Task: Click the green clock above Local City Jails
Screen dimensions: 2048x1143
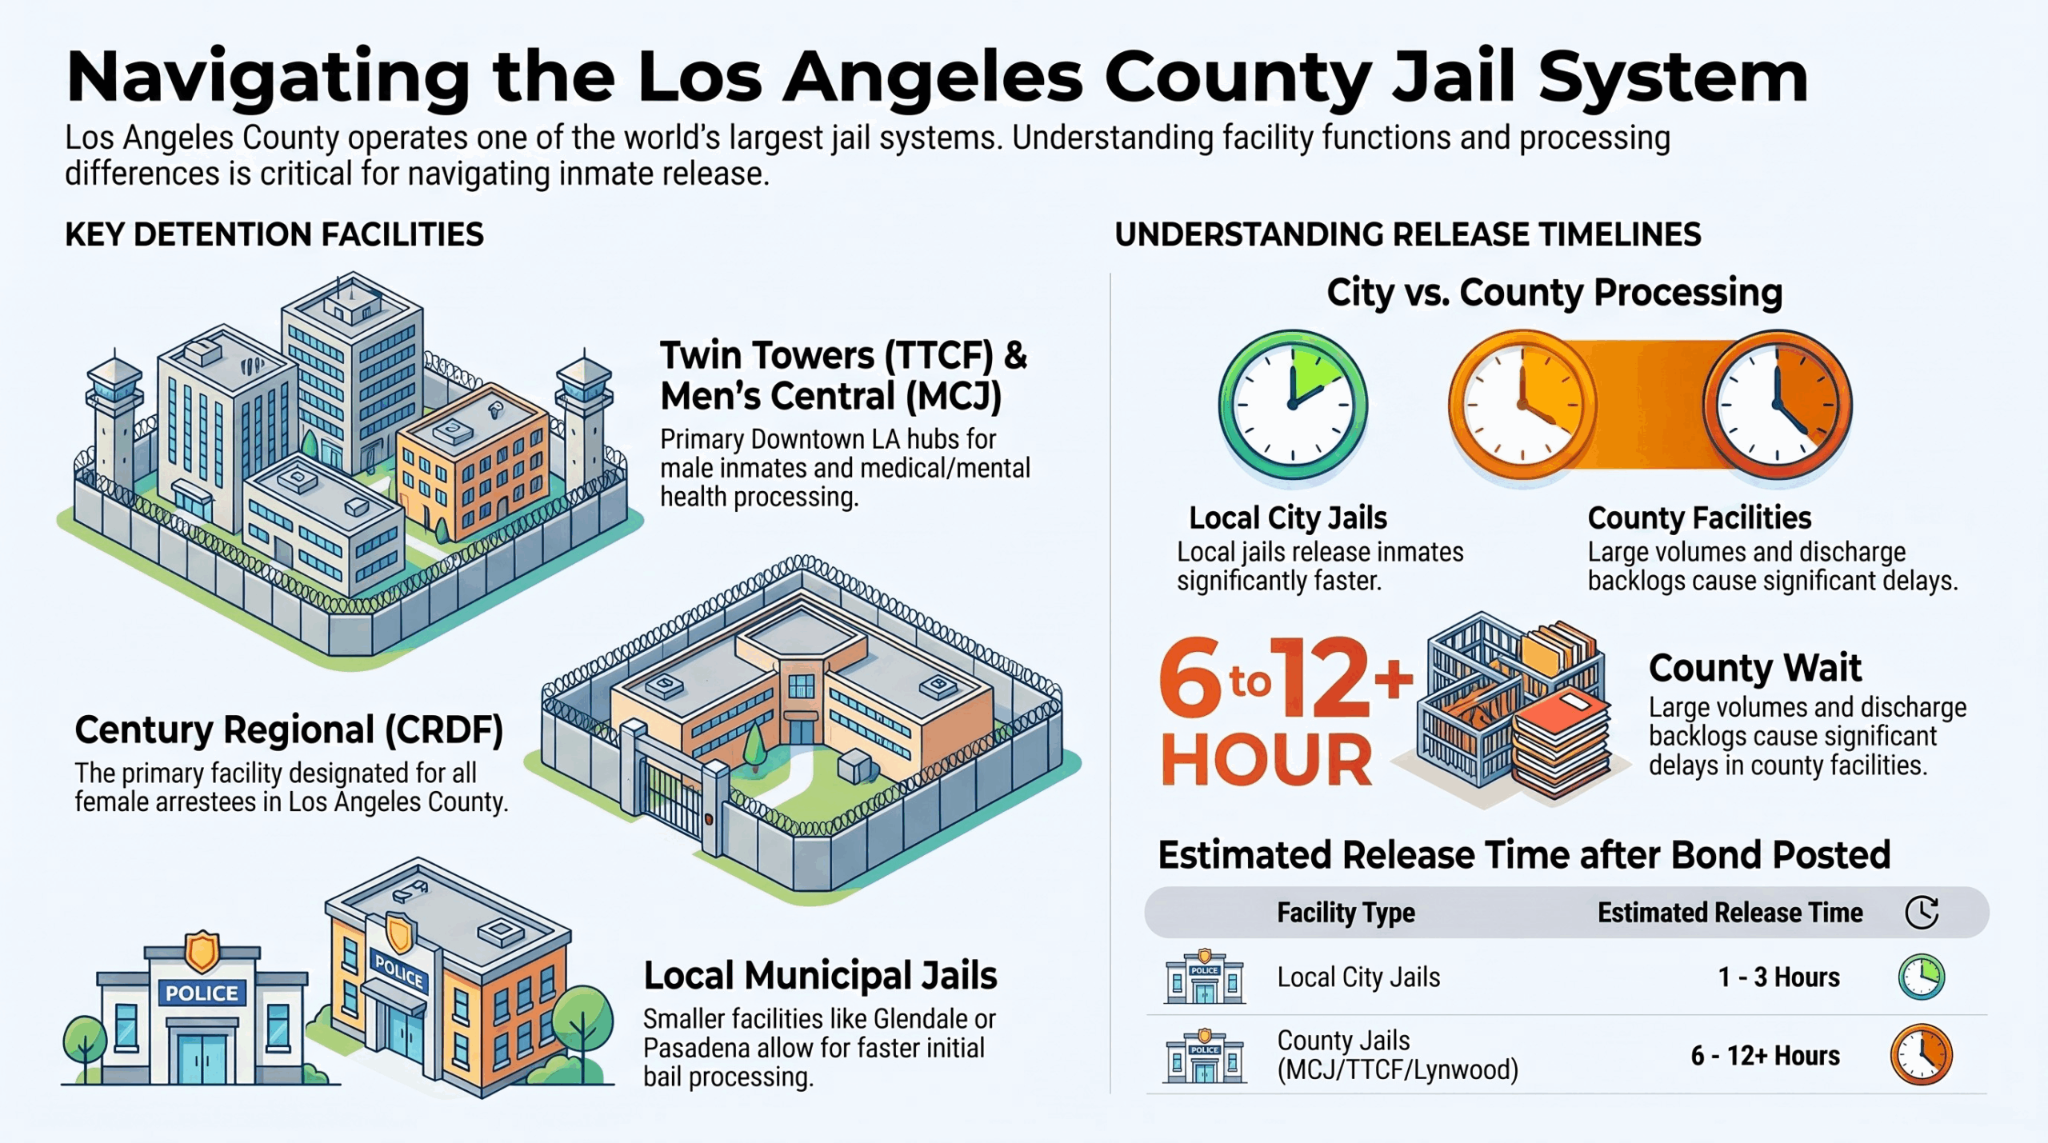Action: pos(1293,405)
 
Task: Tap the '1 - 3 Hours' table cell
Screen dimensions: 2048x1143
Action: pos(1778,977)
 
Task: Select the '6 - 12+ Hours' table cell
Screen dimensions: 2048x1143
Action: pos(1765,1055)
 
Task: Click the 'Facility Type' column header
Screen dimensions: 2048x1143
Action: pos(1346,913)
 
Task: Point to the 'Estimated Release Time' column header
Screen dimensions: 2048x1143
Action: pos(1730,912)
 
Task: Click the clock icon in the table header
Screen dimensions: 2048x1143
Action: pos(1922,912)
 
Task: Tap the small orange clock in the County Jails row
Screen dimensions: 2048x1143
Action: pos(1922,1054)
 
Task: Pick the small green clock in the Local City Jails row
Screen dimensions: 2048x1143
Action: pos(1922,977)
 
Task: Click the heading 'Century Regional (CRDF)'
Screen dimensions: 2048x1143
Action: pos(289,730)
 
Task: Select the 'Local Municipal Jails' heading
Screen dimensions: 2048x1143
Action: pos(820,976)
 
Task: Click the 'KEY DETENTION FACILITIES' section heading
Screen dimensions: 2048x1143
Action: pos(274,234)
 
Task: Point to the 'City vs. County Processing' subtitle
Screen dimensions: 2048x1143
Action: pos(1554,293)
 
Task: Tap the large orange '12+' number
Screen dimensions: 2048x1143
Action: pos(1339,678)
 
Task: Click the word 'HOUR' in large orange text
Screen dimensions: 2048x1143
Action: pos(1266,760)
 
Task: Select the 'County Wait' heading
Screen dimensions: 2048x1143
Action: pos(1754,667)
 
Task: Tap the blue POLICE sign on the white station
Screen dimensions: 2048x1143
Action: pos(202,993)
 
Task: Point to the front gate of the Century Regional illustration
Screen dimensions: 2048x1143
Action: pos(672,792)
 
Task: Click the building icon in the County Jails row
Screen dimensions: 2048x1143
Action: pos(1204,1055)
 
